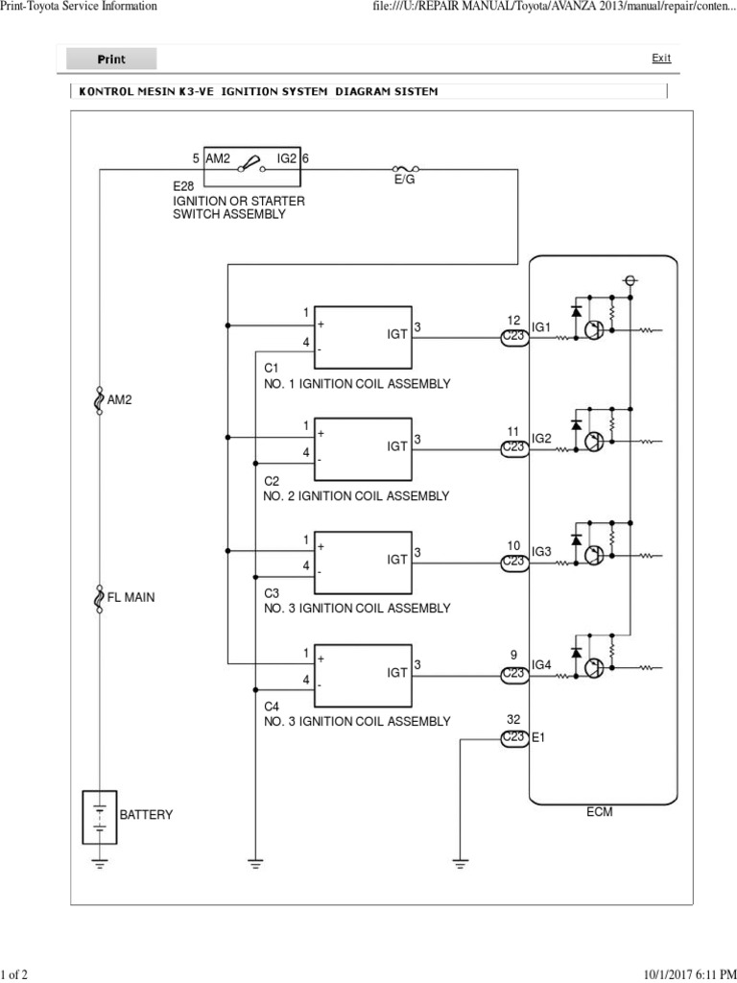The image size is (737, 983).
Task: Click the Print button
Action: click(111, 60)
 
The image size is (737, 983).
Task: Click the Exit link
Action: click(661, 59)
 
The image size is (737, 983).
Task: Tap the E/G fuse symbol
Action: click(404, 168)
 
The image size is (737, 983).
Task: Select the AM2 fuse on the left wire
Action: click(100, 398)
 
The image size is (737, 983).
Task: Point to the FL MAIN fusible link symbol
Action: click(100, 597)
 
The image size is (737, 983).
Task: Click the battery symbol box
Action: click(100, 815)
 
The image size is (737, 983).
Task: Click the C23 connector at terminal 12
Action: click(514, 338)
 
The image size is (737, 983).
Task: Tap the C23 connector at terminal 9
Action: click(514, 675)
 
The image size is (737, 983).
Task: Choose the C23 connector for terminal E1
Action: click(514, 737)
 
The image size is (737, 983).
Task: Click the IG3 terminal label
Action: click(542, 552)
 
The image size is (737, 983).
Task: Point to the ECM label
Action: click(600, 812)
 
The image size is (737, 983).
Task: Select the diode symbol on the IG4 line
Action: click(576, 652)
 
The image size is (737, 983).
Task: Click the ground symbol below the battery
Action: click(100, 862)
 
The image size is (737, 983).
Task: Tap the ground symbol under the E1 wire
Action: click(461, 862)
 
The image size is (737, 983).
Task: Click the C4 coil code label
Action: click(272, 706)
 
